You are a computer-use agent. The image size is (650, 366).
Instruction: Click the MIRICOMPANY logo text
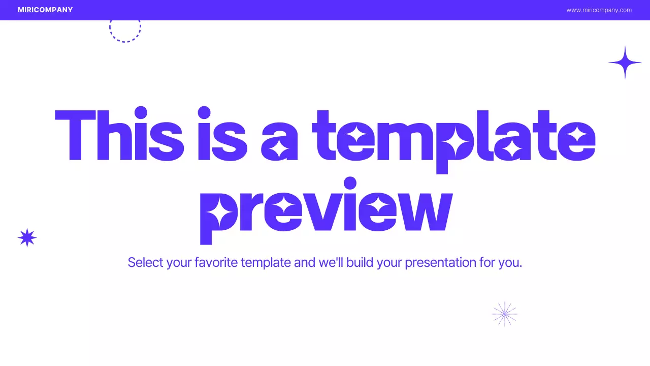45,10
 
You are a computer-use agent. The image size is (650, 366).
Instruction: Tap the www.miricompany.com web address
599,10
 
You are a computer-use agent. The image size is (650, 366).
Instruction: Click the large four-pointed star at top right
625,63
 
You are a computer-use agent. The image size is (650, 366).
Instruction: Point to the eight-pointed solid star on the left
27,237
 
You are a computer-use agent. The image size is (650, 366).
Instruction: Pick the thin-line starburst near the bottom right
505,314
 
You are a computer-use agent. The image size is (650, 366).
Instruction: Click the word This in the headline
119,135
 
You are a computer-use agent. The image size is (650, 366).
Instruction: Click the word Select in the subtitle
145,263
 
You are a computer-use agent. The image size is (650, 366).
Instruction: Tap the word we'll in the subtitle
331,263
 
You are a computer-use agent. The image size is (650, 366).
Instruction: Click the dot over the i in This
141,112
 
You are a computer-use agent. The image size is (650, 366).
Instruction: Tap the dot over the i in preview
350,183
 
